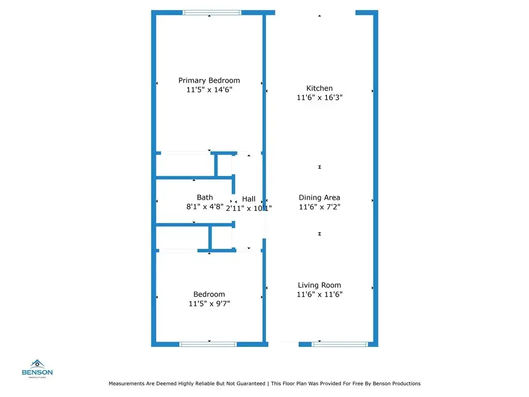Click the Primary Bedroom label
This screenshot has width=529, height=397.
tap(209, 81)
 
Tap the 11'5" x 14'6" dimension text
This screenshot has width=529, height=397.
tap(209, 89)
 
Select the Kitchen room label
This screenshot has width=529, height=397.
tap(319, 88)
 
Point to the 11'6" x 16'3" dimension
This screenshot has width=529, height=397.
tap(320, 97)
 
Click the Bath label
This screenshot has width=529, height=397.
tap(205, 197)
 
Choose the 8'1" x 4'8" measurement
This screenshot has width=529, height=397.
tap(205, 207)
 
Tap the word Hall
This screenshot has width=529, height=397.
tap(248, 199)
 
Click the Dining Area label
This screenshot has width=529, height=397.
tap(319, 197)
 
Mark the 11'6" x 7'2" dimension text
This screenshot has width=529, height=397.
tap(320, 207)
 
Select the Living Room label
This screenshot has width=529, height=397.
tap(319, 285)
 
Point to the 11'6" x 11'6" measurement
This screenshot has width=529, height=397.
tap(320, 295)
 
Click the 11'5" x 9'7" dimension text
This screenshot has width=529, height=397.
tap(209, 304)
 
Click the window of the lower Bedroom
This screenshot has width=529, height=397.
tap(208, 343)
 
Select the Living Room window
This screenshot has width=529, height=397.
tap(339, 343)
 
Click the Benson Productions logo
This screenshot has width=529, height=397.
tap(37, 368)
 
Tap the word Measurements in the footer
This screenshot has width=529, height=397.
tap(126, 384)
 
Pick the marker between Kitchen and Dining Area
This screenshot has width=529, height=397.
tap(320, 167)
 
